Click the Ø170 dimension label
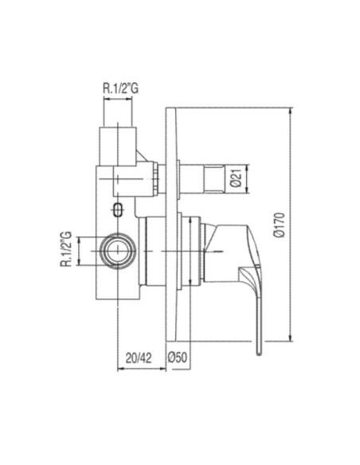coord(280,225)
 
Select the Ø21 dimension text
coord(237,179)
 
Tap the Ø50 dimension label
coord(178,358)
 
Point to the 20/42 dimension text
coord(139,358)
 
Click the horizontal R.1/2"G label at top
coord(121,88)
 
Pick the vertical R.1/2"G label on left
coord(66,248)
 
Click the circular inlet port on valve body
coord(118,251)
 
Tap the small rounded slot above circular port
coord(118,209)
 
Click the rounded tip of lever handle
coord(259,353)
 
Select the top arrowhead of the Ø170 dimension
coord(291,111)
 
